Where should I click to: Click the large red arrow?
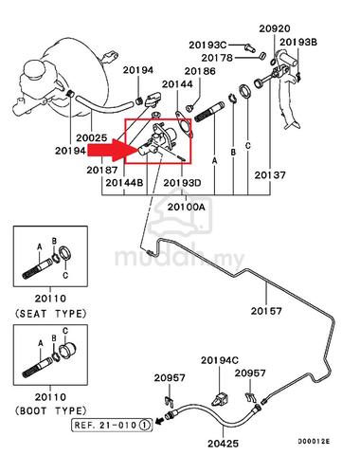(x=111, y=151)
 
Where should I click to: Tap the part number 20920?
(x=275, y=28)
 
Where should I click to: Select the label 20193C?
(x=207, y=45)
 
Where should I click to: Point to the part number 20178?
(x=217, y=58)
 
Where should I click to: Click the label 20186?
(x=200, y=71)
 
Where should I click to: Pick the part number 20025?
(x=92, y=138)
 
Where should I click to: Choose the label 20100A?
(x=187, y=207)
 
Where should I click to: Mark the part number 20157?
(x=266, y=311)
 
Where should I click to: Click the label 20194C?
(x=220, y=360)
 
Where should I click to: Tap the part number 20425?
(x=223, y=444)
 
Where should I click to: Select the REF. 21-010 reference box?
(x=112, y=425)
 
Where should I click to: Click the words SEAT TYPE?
(x=50, y=314)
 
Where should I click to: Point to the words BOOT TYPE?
(x=50, y=410)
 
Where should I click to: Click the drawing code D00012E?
(x=315, y=442)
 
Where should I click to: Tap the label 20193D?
(x=182, y=183)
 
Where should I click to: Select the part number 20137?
(x=270, y=175)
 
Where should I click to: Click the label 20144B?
(x=124, y=183)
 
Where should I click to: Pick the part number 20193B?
(x=298, y=42)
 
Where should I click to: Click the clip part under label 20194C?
(x=220, y=400)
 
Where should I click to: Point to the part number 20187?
(x=102, y=170)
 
